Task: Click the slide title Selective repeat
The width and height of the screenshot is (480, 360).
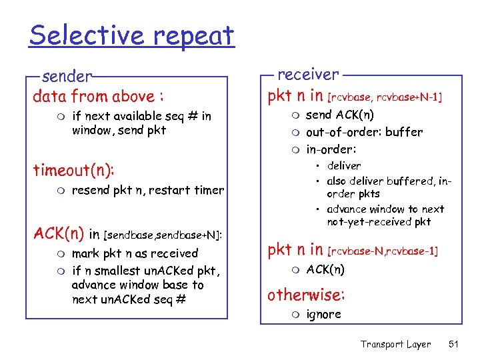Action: [131, 35]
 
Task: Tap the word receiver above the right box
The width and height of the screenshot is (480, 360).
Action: [307, 74]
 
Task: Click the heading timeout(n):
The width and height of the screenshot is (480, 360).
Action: [74, 170]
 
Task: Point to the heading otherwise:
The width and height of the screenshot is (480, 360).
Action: [306, 294]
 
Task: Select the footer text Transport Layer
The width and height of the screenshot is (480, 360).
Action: [395, 344]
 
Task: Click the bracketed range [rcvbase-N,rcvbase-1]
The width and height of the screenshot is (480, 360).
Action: [383, 251]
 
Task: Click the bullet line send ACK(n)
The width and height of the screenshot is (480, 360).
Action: [340, 115]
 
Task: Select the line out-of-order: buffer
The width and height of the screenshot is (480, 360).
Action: [364, 132]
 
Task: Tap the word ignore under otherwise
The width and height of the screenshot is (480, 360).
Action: [323, 314]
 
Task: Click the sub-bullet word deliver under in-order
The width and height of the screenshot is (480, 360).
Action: [344, 165]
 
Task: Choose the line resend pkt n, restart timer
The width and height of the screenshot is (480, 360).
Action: [147, 190]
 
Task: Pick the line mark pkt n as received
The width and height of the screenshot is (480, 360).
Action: [135, 253]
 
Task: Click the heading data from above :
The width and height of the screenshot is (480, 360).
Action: [99, 96]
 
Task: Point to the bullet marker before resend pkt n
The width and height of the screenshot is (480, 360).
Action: [63, 191]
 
